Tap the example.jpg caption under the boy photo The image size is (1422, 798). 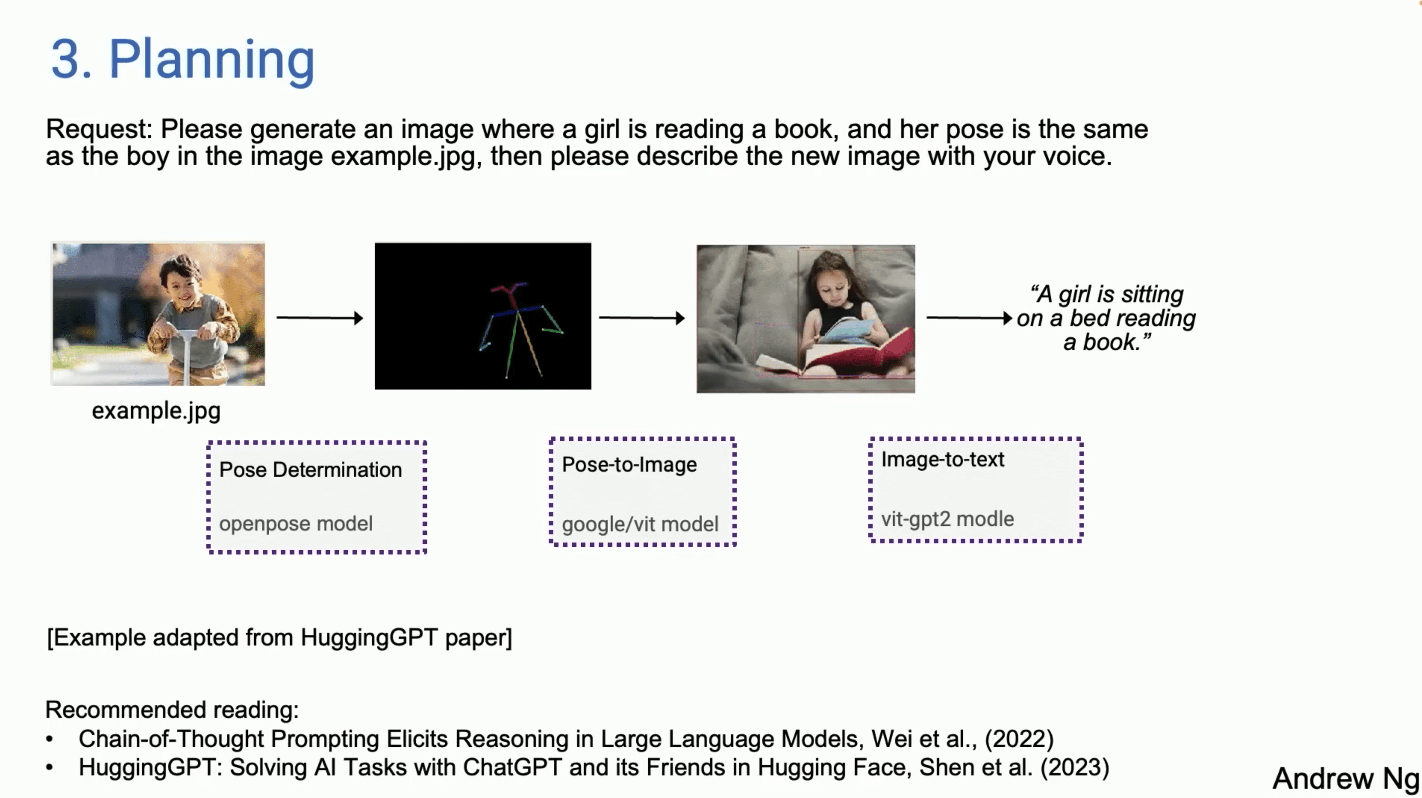point(156,410)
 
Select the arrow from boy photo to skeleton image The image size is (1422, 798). point(319,318)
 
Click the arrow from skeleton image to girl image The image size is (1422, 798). point(641,318)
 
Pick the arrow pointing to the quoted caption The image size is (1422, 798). point(969,318)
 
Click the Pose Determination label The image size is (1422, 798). point(310,470)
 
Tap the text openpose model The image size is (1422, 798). point(296,523)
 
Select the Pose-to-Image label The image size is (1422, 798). point(629,465)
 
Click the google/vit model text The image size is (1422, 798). point(640,524)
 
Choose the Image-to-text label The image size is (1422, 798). point(942,459)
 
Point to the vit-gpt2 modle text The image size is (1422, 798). point(947,519)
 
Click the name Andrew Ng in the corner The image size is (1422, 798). point(1345,778)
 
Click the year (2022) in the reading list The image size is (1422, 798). point(1019,738)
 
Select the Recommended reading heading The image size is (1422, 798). point(172,710)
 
